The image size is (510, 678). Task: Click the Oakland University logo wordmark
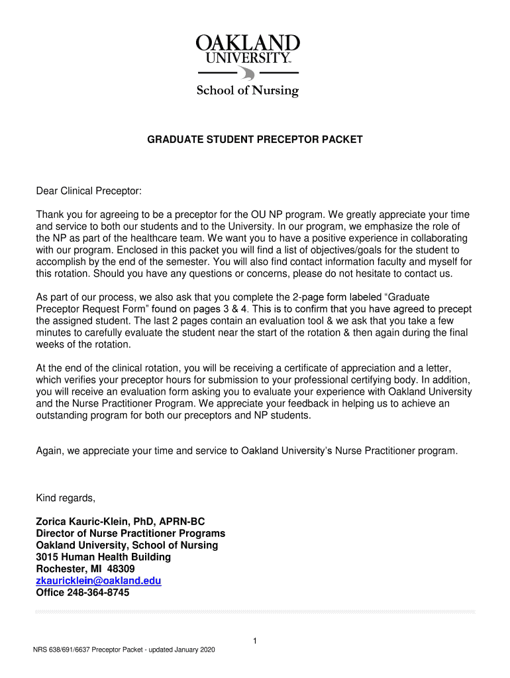248,50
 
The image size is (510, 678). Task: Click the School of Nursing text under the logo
248,90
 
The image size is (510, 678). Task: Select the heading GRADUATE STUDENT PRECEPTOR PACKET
254,140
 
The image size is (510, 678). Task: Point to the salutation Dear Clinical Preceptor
89,191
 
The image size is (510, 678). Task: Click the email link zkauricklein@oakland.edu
98,581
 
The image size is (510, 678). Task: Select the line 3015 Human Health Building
103,557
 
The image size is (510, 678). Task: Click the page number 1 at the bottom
255,640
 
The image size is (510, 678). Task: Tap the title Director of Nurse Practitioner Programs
130,533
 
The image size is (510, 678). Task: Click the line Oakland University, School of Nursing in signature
127,545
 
